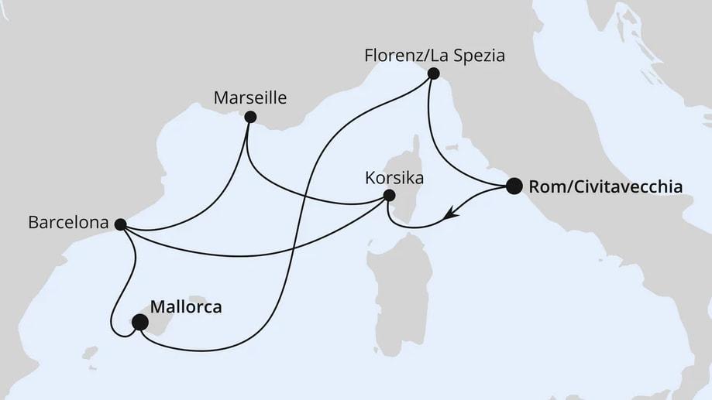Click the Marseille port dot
[x=250, y=118]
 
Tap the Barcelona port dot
[x=120, y=224]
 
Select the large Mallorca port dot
[x=140, y=323]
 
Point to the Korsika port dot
[x=390, y=196]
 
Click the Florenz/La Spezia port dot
[x=433, y=74]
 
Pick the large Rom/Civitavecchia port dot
[x=514, y=186]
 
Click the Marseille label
[x=250, y=97]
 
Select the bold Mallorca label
[x=185, y=307]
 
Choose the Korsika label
[x=394, y=177]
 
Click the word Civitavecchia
[x=621, y=186]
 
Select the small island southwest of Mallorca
[x=92, y=355]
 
